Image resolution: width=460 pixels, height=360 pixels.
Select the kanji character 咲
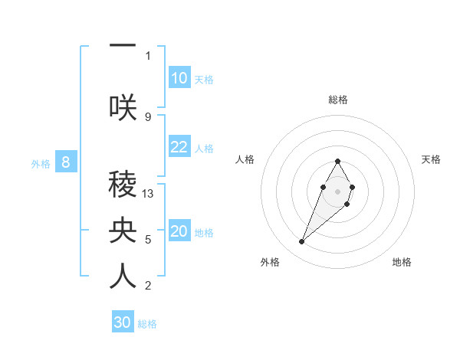123,107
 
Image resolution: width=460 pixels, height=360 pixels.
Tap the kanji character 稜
123,184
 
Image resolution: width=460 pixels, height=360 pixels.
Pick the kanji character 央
123,230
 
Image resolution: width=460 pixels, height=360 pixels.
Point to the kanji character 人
123,277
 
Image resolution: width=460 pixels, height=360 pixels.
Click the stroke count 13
148,194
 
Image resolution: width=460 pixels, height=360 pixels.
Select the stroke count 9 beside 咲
148,116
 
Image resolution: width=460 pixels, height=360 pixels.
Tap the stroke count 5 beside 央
148,240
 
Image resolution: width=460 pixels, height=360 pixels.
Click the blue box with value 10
179,78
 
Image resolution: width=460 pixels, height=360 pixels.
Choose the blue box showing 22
179,147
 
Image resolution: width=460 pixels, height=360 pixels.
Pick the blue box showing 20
179,231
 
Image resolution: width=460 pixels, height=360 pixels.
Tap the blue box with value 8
66,162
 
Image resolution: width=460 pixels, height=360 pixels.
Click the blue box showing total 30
123,322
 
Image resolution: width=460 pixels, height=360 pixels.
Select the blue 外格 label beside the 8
41,163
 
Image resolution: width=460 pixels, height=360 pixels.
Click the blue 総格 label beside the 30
147,324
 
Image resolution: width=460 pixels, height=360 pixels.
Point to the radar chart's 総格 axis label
337,100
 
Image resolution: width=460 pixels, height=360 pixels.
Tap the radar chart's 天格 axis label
431,159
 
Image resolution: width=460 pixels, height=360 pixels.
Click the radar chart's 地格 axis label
402,262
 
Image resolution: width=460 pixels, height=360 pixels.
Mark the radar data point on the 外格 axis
302,242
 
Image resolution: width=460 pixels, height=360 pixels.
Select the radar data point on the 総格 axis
337,161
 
